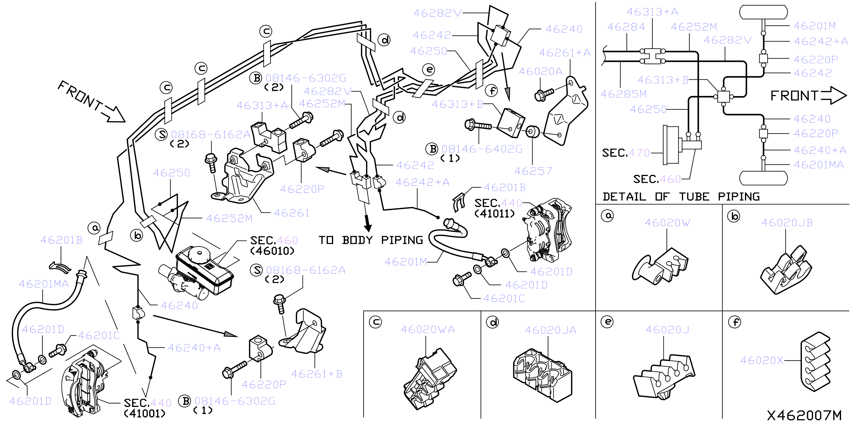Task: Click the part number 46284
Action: (626, 27)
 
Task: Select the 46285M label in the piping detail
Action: (623, 94)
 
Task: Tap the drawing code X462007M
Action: (804, 415)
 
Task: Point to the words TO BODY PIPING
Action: (371, 240)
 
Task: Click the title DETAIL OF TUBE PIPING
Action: (681, 197)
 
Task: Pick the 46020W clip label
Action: (667, 223)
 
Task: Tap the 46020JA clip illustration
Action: (543, 375)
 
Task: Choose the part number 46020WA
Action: (428, 329)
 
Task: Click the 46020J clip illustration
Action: (664, 377)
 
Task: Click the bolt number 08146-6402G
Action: (482, 149)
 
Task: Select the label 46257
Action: (533, 171)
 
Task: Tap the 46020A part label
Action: (541, 71)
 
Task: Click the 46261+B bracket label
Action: (317, 374)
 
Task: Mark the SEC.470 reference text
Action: (626, 153)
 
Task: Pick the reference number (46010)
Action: (272, 251)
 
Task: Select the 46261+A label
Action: (564, 53)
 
